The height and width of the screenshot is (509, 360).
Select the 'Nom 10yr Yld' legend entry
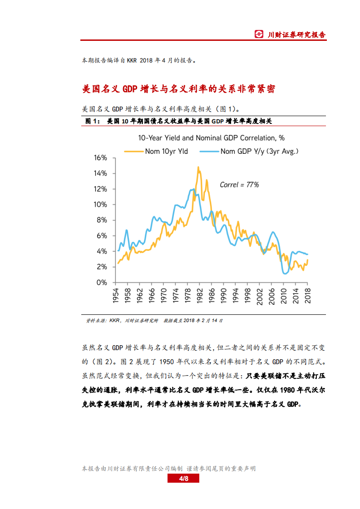(x=166, y=151)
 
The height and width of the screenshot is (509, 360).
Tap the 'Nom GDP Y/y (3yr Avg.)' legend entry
(x=259, y=151)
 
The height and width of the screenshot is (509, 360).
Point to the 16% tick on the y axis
(x=100, y=158)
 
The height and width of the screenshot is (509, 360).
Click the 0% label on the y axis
(x=102, y=282)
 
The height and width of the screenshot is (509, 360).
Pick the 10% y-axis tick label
(x=100, y=205)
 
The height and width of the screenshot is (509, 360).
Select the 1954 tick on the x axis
(x=117, y=295)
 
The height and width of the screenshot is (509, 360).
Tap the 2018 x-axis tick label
(x=307, y=295)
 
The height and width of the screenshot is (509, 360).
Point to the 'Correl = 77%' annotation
(x=239, y=185)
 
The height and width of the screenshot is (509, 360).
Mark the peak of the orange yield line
(x=198, y=167)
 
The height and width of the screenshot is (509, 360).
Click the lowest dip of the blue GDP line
(x=285, y=273)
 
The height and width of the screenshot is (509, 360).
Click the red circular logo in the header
(x=259, y=34)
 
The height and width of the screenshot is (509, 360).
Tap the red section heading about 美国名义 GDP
(x=178, y=89)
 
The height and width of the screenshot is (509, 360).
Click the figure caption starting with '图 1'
(x=178, y=121)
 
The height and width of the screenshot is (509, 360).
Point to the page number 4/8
(x=183, y=479)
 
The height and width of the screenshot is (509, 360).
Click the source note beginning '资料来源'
(x=154, y=320)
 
